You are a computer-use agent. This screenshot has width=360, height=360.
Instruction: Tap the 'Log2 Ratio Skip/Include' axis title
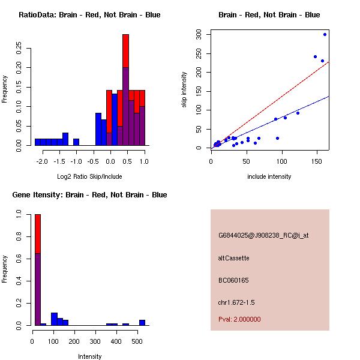(89, 176)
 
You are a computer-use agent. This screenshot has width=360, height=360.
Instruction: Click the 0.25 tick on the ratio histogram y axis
(19, 49)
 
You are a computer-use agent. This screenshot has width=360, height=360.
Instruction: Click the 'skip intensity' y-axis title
(184, 90)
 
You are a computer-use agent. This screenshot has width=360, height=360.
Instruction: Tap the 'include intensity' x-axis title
(269, 176)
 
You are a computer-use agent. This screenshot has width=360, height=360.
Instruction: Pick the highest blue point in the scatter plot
(325, 35)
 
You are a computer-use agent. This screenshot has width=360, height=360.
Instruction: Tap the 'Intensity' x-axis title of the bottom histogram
(89, 356)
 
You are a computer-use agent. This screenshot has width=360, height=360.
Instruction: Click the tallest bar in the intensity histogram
(37, 270)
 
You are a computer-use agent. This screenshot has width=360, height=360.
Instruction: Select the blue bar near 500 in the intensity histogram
(142, 322)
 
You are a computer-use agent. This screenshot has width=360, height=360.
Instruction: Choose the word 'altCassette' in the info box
(234, 258)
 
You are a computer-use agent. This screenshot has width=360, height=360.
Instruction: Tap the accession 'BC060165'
(234, 280)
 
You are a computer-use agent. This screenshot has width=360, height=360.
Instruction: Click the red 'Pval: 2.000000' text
(239, 319)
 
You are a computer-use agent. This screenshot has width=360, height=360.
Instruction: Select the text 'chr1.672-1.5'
(236, 302)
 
